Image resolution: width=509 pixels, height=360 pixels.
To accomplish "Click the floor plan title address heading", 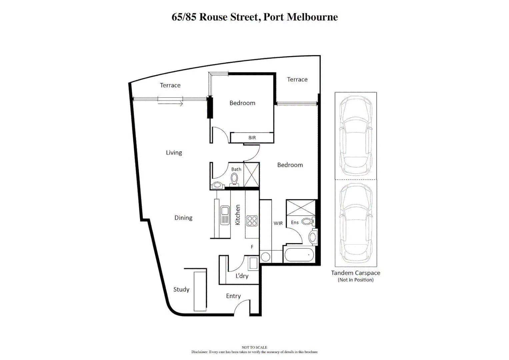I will pos(254,17).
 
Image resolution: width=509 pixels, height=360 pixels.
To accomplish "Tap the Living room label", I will pos(174,153).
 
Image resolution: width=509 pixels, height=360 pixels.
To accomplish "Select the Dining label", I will pos(183,218).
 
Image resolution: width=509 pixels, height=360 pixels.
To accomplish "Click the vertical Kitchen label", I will pos(238,215).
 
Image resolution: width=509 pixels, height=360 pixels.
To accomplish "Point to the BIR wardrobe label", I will pos(252,138).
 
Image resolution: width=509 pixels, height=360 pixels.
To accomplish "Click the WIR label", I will pos(278,223).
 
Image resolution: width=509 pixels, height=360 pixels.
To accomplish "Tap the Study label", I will pos(181,289).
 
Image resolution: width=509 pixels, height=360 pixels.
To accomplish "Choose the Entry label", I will pos(233,296).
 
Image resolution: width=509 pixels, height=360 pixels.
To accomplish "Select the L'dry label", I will pos(242,276).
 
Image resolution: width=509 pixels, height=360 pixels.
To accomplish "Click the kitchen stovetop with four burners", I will pos(252,221).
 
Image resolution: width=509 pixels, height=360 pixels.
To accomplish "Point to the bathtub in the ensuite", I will pos(299,255).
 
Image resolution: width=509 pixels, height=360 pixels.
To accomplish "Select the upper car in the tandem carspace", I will pos(355,136).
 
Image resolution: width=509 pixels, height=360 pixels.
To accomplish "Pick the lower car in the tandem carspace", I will pos(355,223).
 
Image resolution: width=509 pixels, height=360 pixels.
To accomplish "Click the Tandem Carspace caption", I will pos(355,273).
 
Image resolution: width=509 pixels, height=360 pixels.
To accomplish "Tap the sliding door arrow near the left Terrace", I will pos(170,104).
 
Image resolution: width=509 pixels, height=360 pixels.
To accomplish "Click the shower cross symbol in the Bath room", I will pos(251,175).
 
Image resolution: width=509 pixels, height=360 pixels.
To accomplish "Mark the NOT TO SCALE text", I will pos(254,347).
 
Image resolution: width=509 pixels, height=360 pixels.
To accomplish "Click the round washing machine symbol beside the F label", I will pos(266,257).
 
